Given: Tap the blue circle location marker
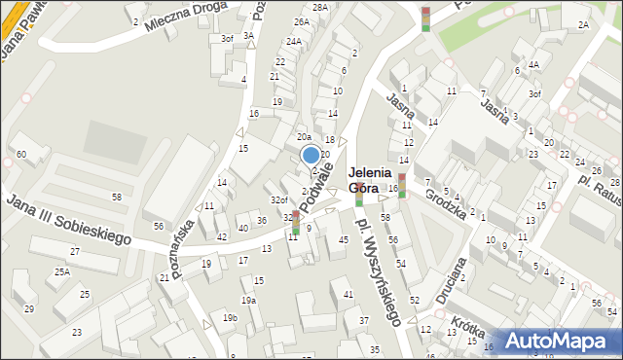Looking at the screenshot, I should click(311, 154).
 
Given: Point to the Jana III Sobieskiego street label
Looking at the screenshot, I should click(68, 219).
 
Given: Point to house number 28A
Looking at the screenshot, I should click(321, 7).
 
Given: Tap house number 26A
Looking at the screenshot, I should click(302, 21).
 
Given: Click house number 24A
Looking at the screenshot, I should click(293, 42).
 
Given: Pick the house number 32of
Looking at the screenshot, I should click(278, 200).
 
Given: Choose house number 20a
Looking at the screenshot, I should click(304, 137).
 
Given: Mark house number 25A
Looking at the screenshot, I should click(62, 272).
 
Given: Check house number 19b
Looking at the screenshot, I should click(230, 318).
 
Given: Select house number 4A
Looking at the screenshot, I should click(533, 65).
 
